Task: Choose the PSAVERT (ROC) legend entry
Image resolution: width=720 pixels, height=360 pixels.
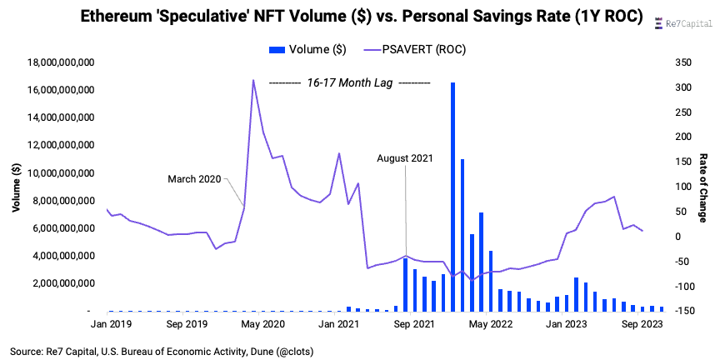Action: (x=416, y=50)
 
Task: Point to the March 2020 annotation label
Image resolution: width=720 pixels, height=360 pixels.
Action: (x=193, y=178)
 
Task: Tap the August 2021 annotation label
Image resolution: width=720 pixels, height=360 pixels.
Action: (x=405, y=157)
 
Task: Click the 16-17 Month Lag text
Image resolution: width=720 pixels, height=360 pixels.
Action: (x=350, y=82)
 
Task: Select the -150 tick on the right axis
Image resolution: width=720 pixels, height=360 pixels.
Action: (x=664, y=311)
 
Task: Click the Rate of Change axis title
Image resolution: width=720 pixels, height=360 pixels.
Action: (x=702, y=187)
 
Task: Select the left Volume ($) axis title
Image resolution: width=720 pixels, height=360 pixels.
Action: (x=17, y=187)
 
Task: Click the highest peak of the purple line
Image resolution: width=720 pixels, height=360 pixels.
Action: (x=253, y=81)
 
